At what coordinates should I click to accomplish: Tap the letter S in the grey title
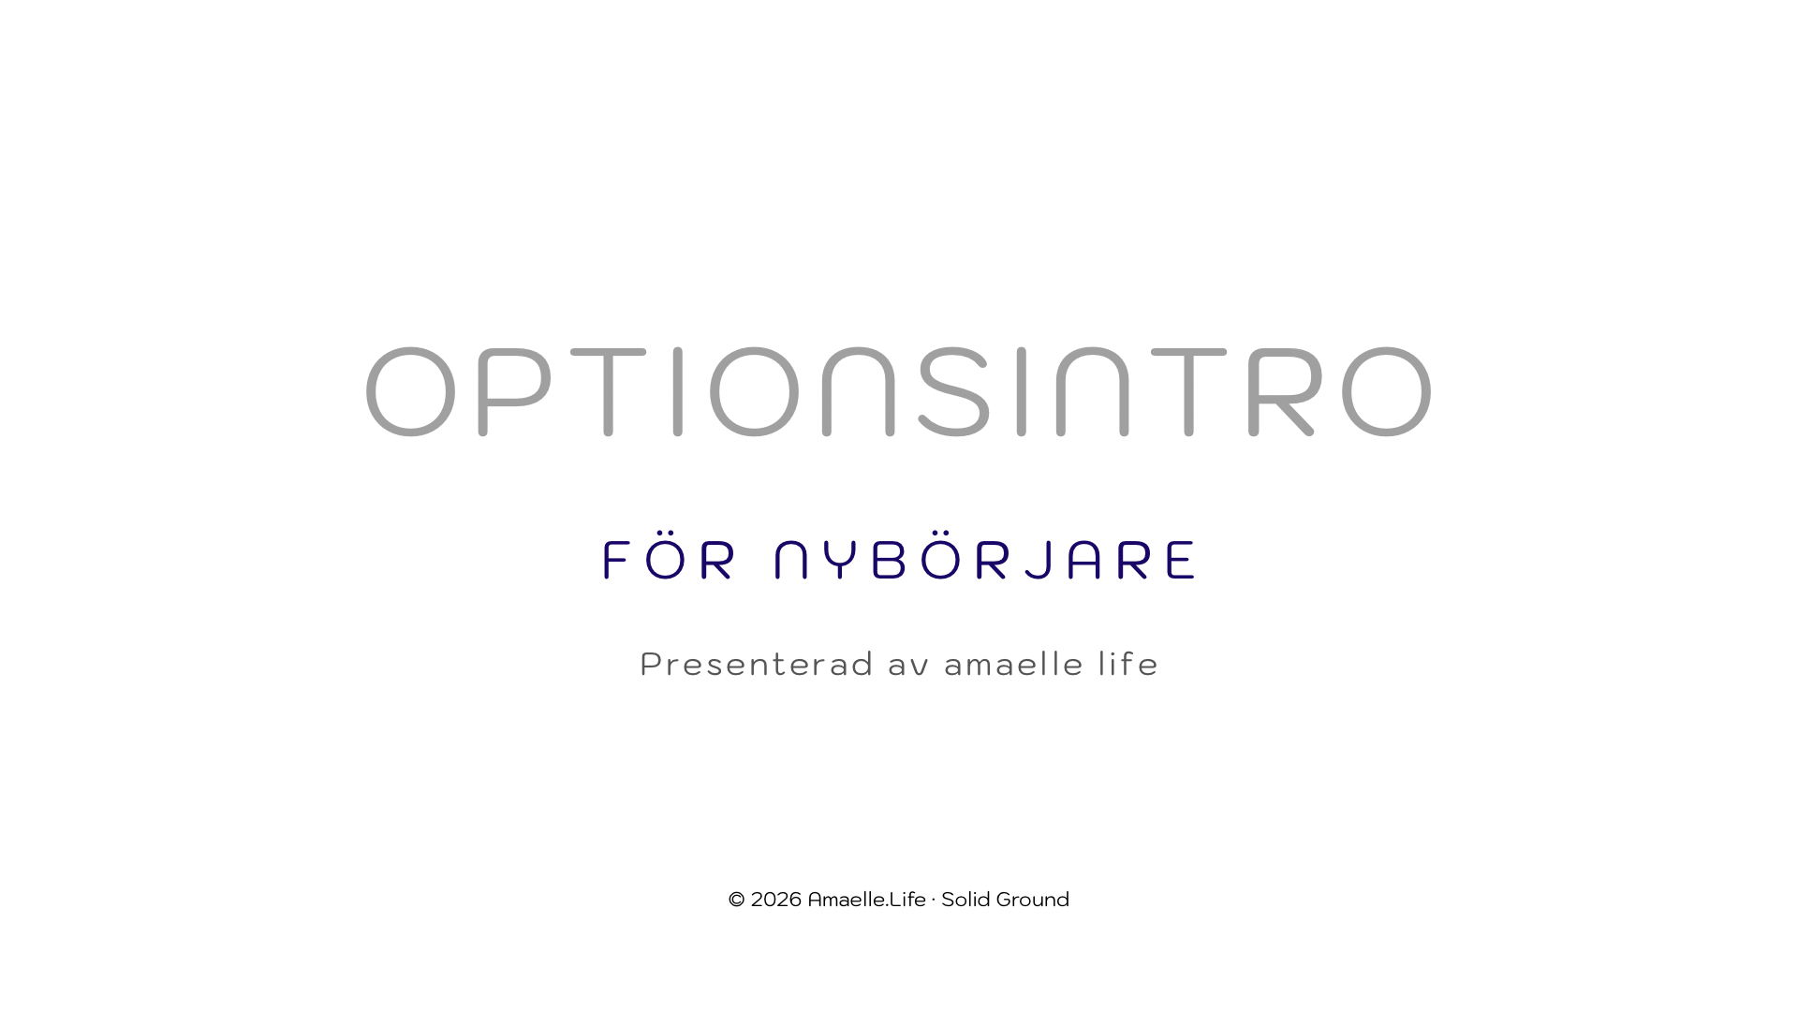tap(953, 391)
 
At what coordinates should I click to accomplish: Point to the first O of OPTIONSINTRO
tap(410, 391)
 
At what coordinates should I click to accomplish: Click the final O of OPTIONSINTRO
tap(1387, 391)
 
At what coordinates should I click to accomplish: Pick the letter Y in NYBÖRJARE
tap(843, 560)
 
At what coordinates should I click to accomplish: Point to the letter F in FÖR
tap(617, 560)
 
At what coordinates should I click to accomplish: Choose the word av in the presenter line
tap(908, 667)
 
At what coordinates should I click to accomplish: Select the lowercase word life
tap(1128, 664)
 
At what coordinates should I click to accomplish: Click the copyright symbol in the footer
tap(737, 900)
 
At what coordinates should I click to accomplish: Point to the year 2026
tap(776, 900)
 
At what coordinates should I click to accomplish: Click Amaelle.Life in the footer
tap(866, 900)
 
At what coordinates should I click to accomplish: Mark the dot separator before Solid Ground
tap(934, 900)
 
